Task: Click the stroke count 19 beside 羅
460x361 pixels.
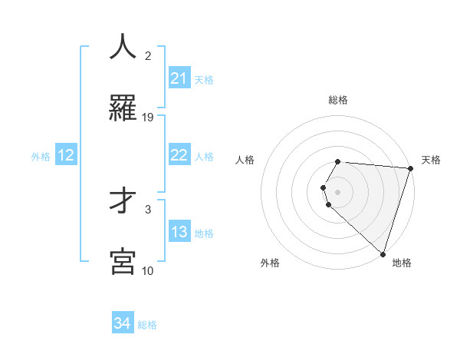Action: tap(148, 118)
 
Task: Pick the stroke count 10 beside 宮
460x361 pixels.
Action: tap(148, 270)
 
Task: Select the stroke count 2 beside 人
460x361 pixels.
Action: tap(148, 55)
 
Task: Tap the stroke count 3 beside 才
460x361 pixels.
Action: tap(148, 209)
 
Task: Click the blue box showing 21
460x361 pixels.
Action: tap(179, 78)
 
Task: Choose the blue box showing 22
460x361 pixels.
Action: tap(179, 155)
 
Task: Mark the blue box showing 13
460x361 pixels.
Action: tap(179, 232)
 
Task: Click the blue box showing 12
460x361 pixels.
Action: tap(66, 155)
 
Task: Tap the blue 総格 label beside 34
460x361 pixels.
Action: tap(147, 325)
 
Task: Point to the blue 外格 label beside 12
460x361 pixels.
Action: tap(41, 157)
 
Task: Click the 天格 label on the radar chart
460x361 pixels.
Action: tap(432, 160)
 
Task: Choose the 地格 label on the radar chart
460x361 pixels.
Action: tap(402, 263)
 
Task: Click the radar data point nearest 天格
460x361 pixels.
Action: tap(410, 168)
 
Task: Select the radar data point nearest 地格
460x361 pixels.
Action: tap(383, 253)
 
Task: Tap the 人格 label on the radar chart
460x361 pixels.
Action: tap(245, 160)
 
